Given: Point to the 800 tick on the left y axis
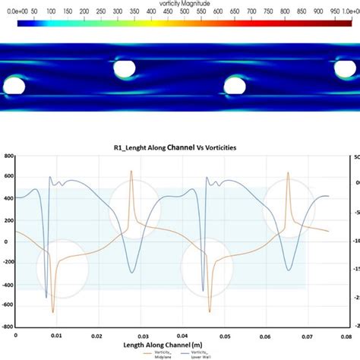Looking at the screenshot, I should pyautogui.click(x=10, y=156).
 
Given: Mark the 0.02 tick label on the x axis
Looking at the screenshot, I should pyautogui.click(x=99, y=334).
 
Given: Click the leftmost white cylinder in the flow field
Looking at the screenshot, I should pyautogui.click(x=14, y=84).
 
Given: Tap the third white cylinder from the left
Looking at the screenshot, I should pyautogui.click(x=235, y=84).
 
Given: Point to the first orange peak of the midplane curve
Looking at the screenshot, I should pyautogui.click(x=131, y=172).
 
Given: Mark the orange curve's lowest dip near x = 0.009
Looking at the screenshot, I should pyautogui.click(x=52, y=311).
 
